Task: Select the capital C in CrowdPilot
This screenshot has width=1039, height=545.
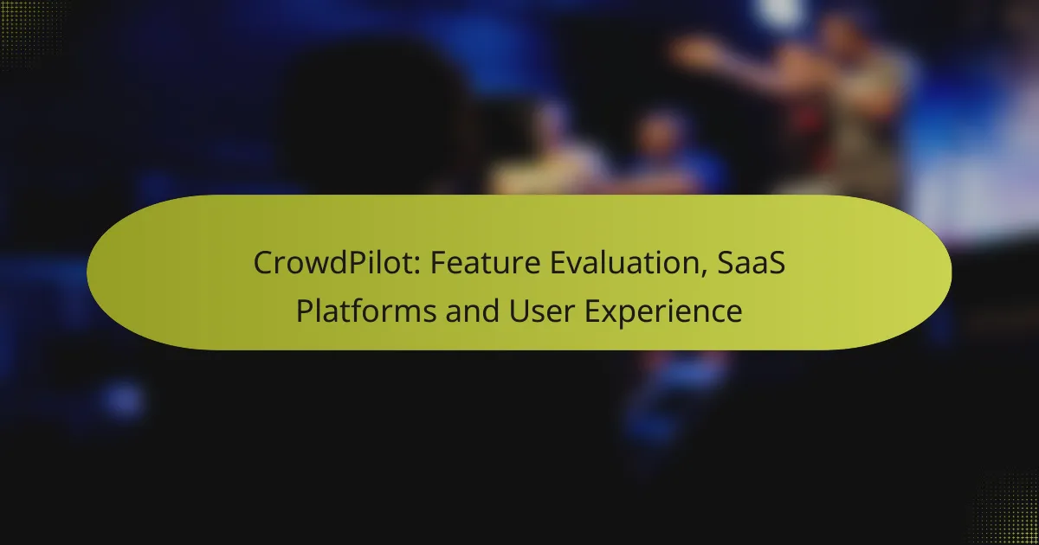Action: coord(263,265)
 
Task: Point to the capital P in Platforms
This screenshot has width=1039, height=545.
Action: coord(304,310)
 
